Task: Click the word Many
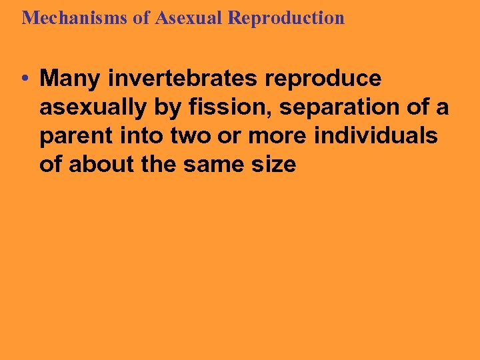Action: [70, 79]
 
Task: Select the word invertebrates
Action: [181, 79]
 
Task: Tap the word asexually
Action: [89, 107]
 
